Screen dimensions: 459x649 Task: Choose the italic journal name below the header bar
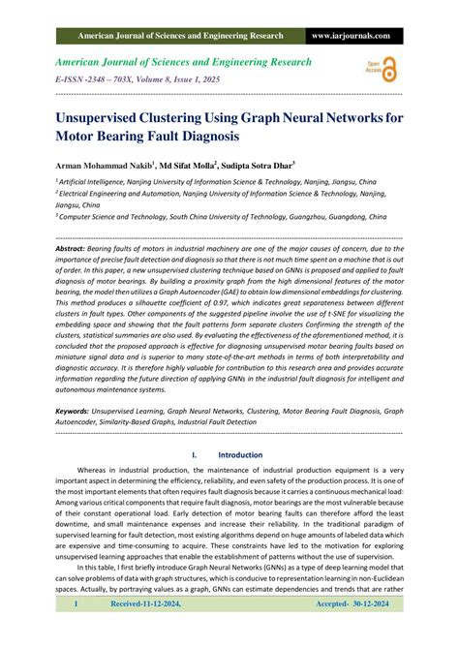tap(185, 62)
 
